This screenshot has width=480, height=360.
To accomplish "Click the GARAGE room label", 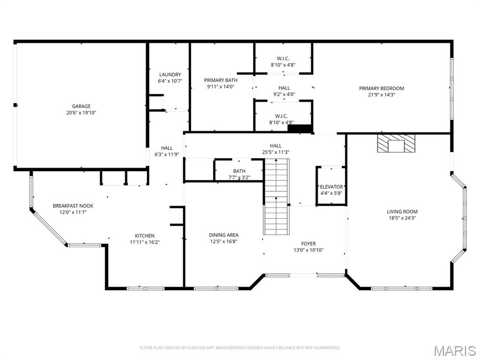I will click(81, 106).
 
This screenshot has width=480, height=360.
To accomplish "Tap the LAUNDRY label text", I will click(170, 75).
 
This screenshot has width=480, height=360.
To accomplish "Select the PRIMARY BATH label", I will click(220, 80).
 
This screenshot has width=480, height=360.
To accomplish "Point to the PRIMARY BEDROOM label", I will click(381, 88).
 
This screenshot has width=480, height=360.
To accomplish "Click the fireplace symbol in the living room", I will click(397, 143).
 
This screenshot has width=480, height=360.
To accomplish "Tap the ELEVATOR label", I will click(331, 187).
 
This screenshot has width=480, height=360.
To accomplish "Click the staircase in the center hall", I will click(277, 197).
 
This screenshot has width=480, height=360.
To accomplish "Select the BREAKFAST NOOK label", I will click(73, 206).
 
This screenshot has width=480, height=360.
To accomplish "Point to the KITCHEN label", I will click(144, 236).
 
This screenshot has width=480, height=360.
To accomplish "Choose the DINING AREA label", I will click(224, 235).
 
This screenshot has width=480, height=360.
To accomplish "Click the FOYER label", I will click(308, 244).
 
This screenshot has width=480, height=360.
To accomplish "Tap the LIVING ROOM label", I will click(402, 211).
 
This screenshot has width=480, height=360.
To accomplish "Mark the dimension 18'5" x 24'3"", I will click(402, 218).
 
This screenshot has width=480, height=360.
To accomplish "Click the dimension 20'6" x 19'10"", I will click(81, 112).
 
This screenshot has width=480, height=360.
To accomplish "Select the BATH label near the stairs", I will click(239, 171).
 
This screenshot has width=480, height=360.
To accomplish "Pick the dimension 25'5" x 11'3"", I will click(276, 152).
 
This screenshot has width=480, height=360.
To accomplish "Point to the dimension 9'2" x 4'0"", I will click(284, 94).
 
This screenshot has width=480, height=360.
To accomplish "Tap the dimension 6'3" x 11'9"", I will click(167, 154).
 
